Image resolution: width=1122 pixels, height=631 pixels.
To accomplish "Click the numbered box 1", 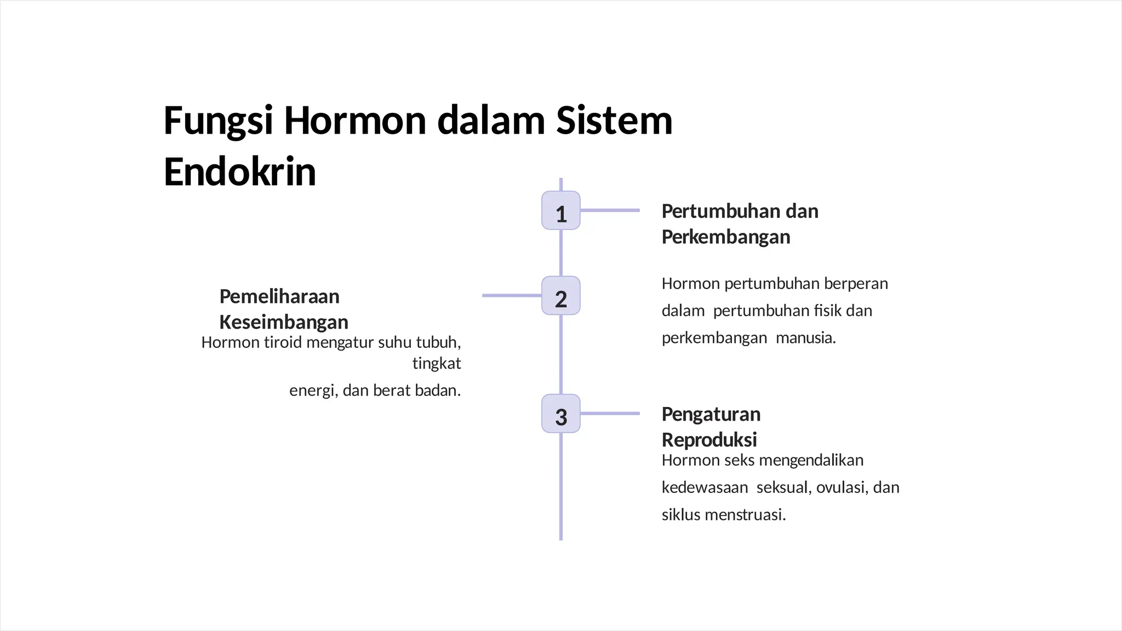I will tap(560, 210).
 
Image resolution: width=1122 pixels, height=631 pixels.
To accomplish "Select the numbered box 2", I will tap(560, 296).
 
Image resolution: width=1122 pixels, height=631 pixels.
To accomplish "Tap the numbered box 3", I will tap(560, 414).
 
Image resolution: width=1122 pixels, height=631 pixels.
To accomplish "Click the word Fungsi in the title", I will tap(218, 121).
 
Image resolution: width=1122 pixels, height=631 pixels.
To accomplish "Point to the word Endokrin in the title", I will tap(240, 172).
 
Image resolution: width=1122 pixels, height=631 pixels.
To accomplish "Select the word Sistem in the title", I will tap(614, 121).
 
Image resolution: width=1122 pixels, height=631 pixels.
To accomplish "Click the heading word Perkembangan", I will tap(726, 237).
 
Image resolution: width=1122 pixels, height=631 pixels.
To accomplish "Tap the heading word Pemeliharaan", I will tap(279, 296).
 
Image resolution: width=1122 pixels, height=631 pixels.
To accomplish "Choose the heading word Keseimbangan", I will tap(284, 322).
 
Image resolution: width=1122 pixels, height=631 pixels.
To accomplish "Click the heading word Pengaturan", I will tap(711, 414).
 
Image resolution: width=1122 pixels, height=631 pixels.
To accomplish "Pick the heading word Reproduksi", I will tap(709, 440).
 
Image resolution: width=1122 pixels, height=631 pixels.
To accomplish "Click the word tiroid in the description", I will tap(283, 342).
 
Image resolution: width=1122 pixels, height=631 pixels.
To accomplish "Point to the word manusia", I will tap(805, 338).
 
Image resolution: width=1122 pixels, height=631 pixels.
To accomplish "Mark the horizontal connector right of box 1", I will tap(610, 210).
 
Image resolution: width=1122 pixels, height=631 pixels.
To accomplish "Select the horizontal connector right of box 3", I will tap(610, 414).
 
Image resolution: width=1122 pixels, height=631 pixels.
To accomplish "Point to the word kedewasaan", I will tap(705, 487).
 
